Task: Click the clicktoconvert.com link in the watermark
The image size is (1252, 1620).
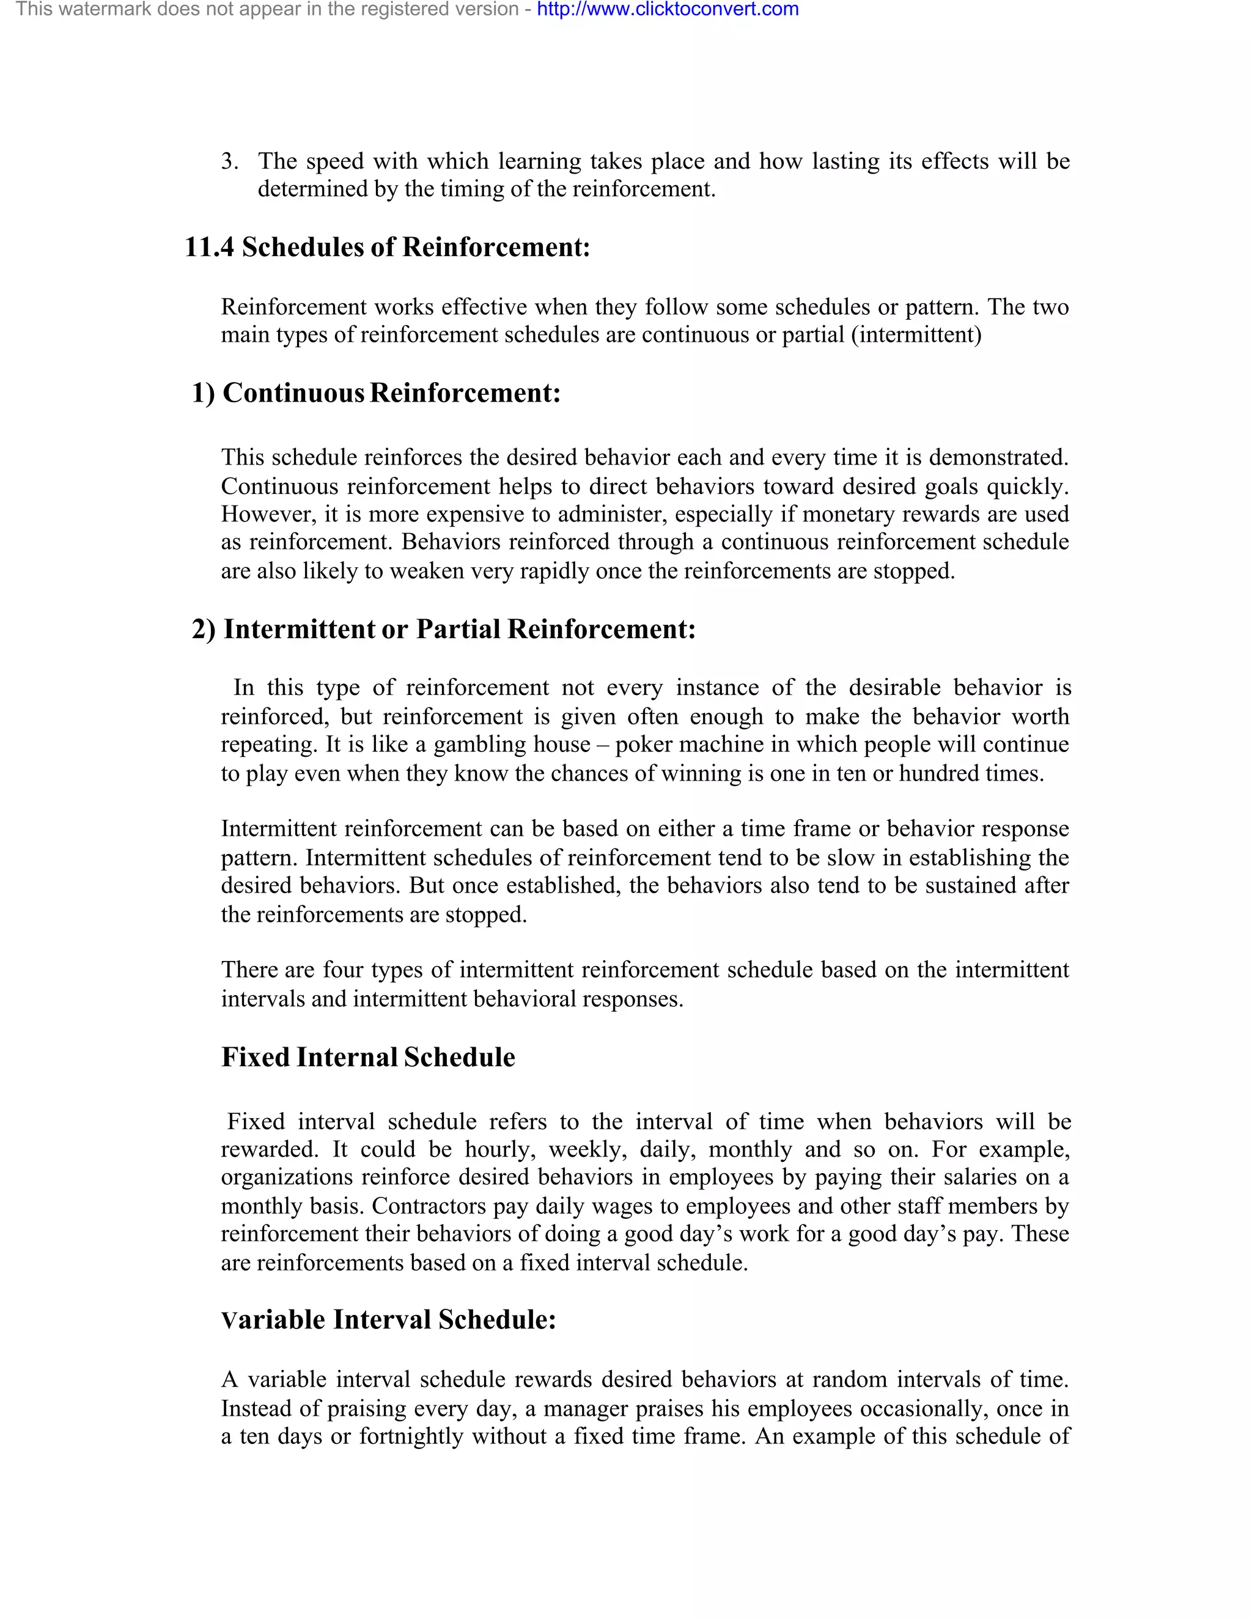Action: tap(668, 10)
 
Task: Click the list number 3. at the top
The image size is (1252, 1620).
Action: tap(229, 161)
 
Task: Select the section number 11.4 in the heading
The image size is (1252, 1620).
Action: tap(208, 247)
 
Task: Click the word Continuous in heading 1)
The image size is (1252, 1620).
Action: tap(293, 392)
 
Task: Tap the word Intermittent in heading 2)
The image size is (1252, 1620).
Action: tap(300, 629)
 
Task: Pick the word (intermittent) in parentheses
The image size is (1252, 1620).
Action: tap(916, 334)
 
